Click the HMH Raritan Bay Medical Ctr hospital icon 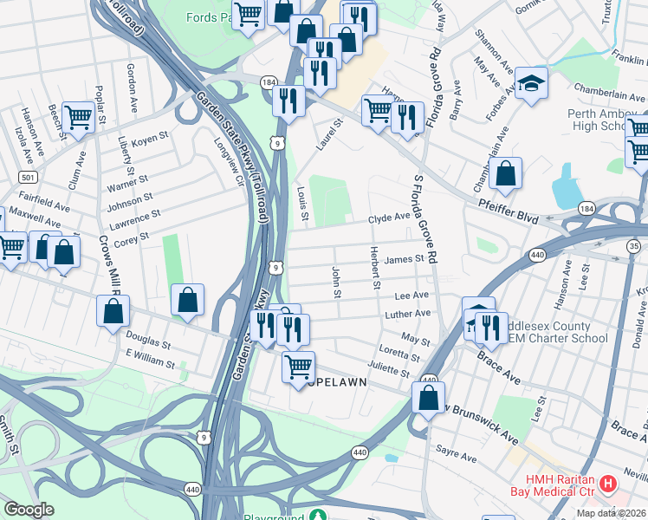tap(608, 483)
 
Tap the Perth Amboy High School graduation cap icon tap(531, 83)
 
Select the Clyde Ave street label tap(388, 219)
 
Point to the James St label tap(403, 258)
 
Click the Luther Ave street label tap(408, 314)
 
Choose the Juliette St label tap(388, 371)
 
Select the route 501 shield tap(26, 177)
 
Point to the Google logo tap(29, 510)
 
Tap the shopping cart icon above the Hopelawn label tap(298, 367)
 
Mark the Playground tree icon tap(322, 516)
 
